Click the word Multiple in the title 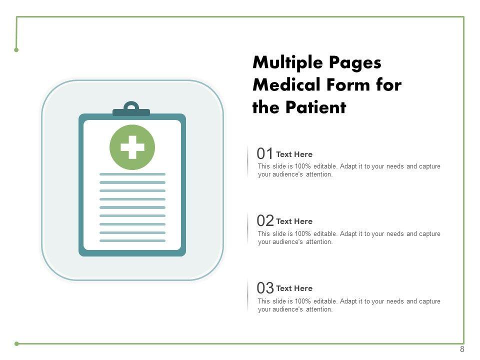288,63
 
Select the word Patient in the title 315,107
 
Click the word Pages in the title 355,63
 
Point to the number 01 265,153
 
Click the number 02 265,220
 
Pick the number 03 265,288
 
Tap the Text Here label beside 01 294,154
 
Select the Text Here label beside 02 294,221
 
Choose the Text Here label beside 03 294,288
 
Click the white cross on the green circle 132,147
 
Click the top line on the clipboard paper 132,174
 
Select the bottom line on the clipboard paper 132,240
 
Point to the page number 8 462,349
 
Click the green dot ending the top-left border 16,50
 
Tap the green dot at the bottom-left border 16,344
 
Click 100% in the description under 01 303,166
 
